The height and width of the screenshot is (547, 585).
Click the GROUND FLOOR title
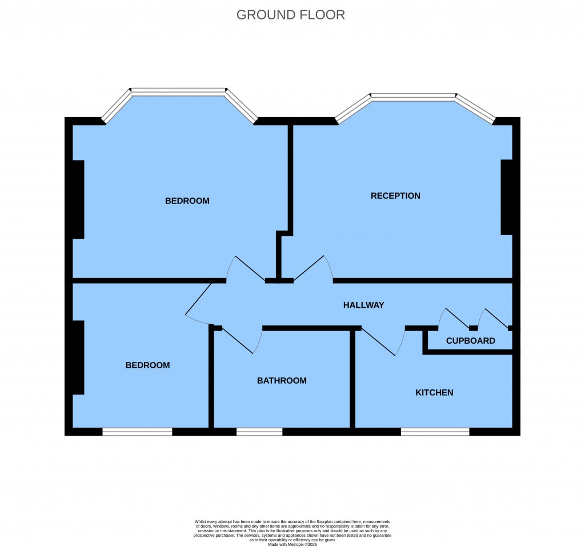[x=291, y=15]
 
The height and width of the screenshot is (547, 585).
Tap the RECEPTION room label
[x=395, y=196]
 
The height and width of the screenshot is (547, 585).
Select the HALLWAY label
[x=363, y=305]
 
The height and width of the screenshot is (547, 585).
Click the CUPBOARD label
[x=470, y=341]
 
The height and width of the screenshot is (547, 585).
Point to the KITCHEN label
[x=434, y=393]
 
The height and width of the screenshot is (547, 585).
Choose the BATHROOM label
[x=282, y=381]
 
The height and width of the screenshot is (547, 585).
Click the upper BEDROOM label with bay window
[x=187, y=201]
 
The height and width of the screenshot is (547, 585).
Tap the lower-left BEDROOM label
[x=147, y=365]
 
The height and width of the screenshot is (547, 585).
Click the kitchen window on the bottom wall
[x=435, y=432]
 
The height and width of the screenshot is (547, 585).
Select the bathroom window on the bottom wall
[x=259, y=432]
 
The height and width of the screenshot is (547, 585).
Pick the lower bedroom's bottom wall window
[x=137, y=432]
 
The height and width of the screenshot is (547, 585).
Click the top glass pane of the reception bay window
[x=414, y=96]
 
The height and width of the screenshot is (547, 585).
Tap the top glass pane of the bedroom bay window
[x=178, y=91]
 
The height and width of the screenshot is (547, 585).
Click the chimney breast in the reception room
[x=506, y=198]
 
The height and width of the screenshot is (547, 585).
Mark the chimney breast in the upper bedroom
[x=78, y=199]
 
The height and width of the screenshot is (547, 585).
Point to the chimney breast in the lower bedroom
[x=78, y=357]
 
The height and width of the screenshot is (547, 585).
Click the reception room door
[x=311, y=268]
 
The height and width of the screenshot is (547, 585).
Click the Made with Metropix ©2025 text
[x=292, y=545]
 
